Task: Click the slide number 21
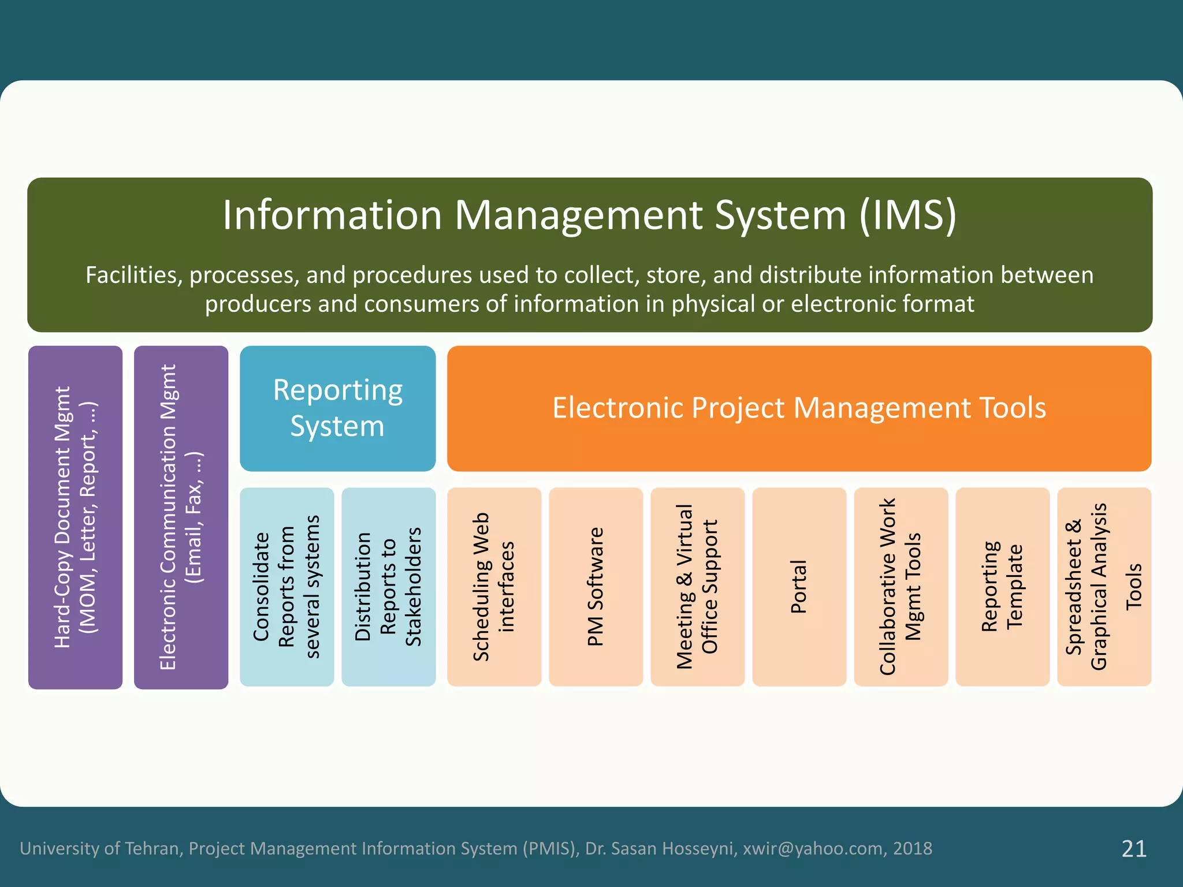coord(1133,848)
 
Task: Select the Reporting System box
coord(337,408)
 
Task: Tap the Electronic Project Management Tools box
coord(799,408)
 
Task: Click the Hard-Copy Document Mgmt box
coord(75,517)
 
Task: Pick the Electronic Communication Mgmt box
coord(181,517)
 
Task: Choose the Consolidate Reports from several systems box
coord(287,587)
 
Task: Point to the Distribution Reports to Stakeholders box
coord(388,587)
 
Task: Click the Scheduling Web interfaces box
coord(494,587)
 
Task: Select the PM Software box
coord(596,587)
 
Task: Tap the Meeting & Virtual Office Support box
coord(697,587)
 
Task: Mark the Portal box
coord(799,587)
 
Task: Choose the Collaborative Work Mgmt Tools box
coord(901,587)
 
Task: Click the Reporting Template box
coord(1002,587)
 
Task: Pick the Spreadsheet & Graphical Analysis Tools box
coord(1104,587)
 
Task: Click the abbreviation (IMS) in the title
coord(907,215)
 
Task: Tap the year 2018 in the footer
coord(913,848)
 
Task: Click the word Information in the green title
coord(332,215)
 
